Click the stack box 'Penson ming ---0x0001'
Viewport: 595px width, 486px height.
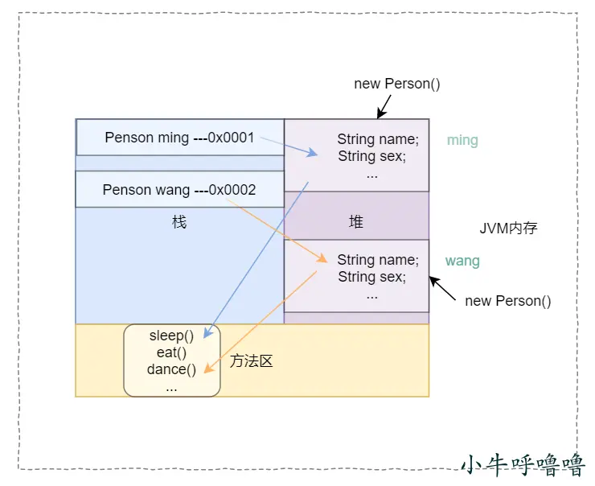pyautogui.click(x=180, y=138)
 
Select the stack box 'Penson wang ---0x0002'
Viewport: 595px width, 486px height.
pyautogui.click(x=179, y=190)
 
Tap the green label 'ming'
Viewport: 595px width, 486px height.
pyautogui.click(x=462, y=141)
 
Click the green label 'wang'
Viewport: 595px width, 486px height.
pyautogui.click(x=462, y=262)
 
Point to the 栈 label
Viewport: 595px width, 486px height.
pyautogui.click(x=179, y=222)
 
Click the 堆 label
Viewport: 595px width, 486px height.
pyautogui.click(x=356, y=222)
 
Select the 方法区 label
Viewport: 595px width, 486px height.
pyautogui.click(x=252, y=361)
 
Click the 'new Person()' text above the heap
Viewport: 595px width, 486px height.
pyautogui.click(x=397, y=84)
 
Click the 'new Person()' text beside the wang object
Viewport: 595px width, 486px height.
pyautogui.click(x=508, y=301)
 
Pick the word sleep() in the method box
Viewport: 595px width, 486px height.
pyautogui.click(x=171, y=336)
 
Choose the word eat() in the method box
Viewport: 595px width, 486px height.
pyautogui.click(x=171, y=352)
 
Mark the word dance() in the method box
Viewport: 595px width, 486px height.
pyautogui.click(x=171, y=369)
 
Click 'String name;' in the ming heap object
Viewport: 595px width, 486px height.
pyautogui.click(x=378, y=139)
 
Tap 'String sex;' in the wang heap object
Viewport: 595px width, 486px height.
pyautogui.click(x=371, y=278)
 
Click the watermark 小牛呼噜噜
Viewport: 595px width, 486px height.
pyautogui.click(x=523, y=464)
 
